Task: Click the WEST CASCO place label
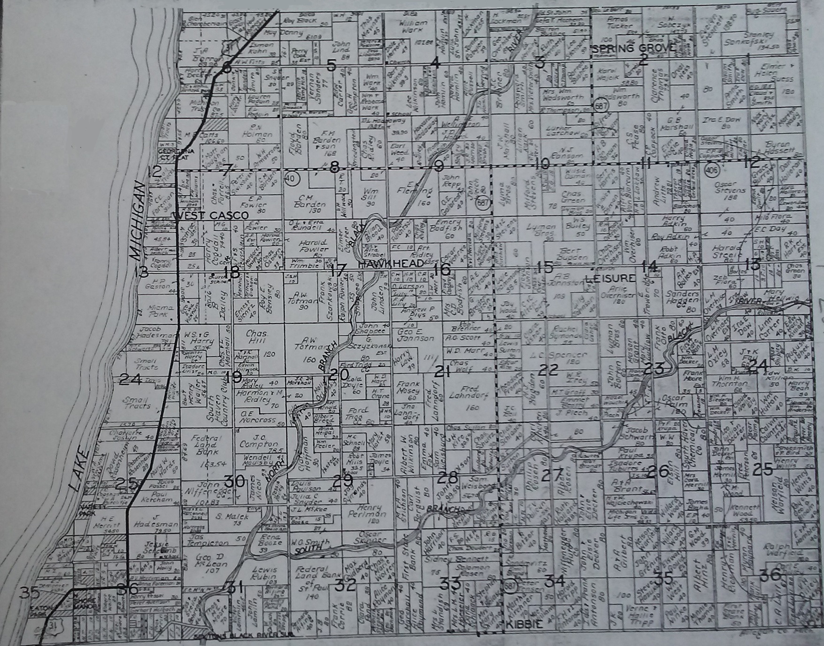click(211, 215)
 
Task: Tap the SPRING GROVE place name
click(633, 48)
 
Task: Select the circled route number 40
click(292, 178)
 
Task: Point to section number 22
click(547, 370)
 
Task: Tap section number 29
click(342, 480)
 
